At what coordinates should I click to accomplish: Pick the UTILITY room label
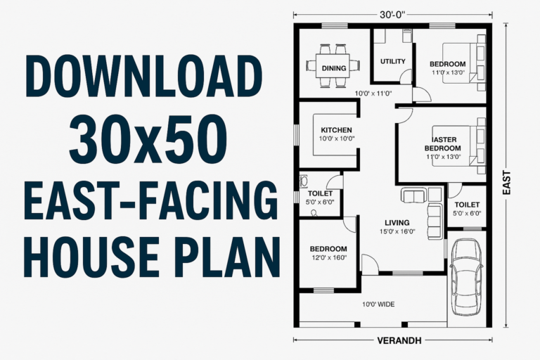tap(392, 61)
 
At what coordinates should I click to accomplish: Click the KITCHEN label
tap(336, 130)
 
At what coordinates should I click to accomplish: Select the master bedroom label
tap(442, 143)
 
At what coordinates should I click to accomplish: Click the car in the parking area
tap(466, 276)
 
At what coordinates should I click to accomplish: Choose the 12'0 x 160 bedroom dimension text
tap(328, 258)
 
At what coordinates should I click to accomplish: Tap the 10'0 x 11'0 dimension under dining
tap(373, 93)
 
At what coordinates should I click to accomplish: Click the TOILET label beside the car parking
tap(467, 204)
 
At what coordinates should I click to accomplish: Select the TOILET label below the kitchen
tap(320, 193)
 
